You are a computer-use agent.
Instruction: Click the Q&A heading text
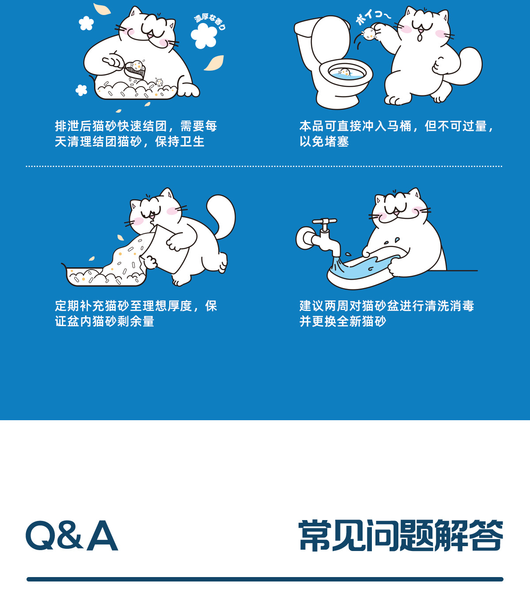coord(72,536)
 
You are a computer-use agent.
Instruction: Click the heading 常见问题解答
coord(401,536)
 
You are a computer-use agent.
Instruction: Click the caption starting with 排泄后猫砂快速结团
coord(136,133)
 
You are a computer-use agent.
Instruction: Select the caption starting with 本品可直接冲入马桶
coord(396,133)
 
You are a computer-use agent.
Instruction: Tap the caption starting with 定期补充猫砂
coord(136,313)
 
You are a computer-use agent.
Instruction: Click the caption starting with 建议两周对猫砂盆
coord(386,313)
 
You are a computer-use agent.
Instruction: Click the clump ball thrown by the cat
coord(369,34)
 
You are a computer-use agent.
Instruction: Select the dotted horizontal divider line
coord(264,166)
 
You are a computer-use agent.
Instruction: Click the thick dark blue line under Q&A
coord(265,579)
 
